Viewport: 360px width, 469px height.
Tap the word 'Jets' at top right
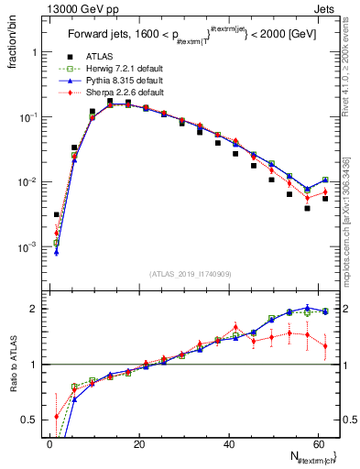point(326,8)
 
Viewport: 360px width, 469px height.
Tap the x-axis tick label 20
point(139,444)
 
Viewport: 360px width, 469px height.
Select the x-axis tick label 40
point(229,444)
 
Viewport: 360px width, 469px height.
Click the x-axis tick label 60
point(318,444)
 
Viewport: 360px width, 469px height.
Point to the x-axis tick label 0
point(50,444)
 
